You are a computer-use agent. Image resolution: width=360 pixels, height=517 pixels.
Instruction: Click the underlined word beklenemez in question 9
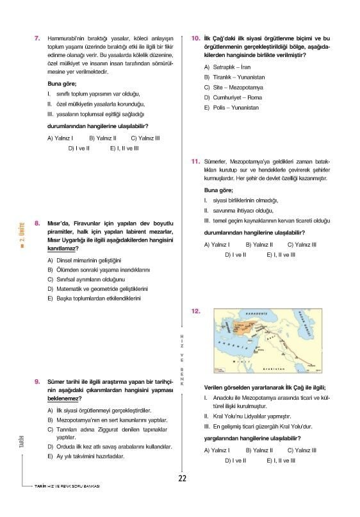pos(64,398)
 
